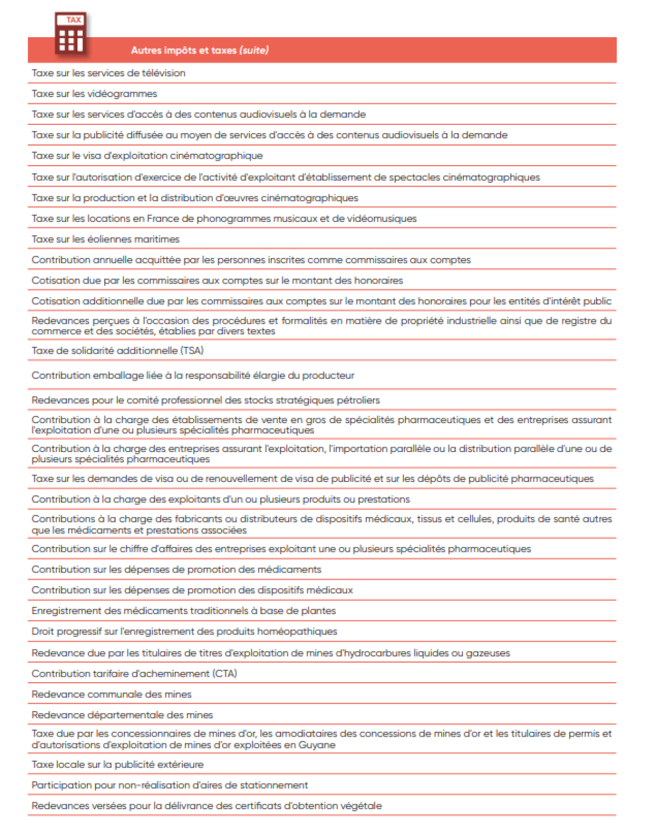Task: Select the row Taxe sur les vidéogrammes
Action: [94, 94]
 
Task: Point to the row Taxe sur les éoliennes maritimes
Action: [105, 239]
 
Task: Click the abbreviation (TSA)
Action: [192, 351]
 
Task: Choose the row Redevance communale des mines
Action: [111, 695]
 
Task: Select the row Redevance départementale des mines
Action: [122, 715]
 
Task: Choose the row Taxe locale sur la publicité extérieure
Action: [117, 764]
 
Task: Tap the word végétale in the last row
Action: [362, 806]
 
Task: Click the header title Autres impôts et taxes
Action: [183, 50]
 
